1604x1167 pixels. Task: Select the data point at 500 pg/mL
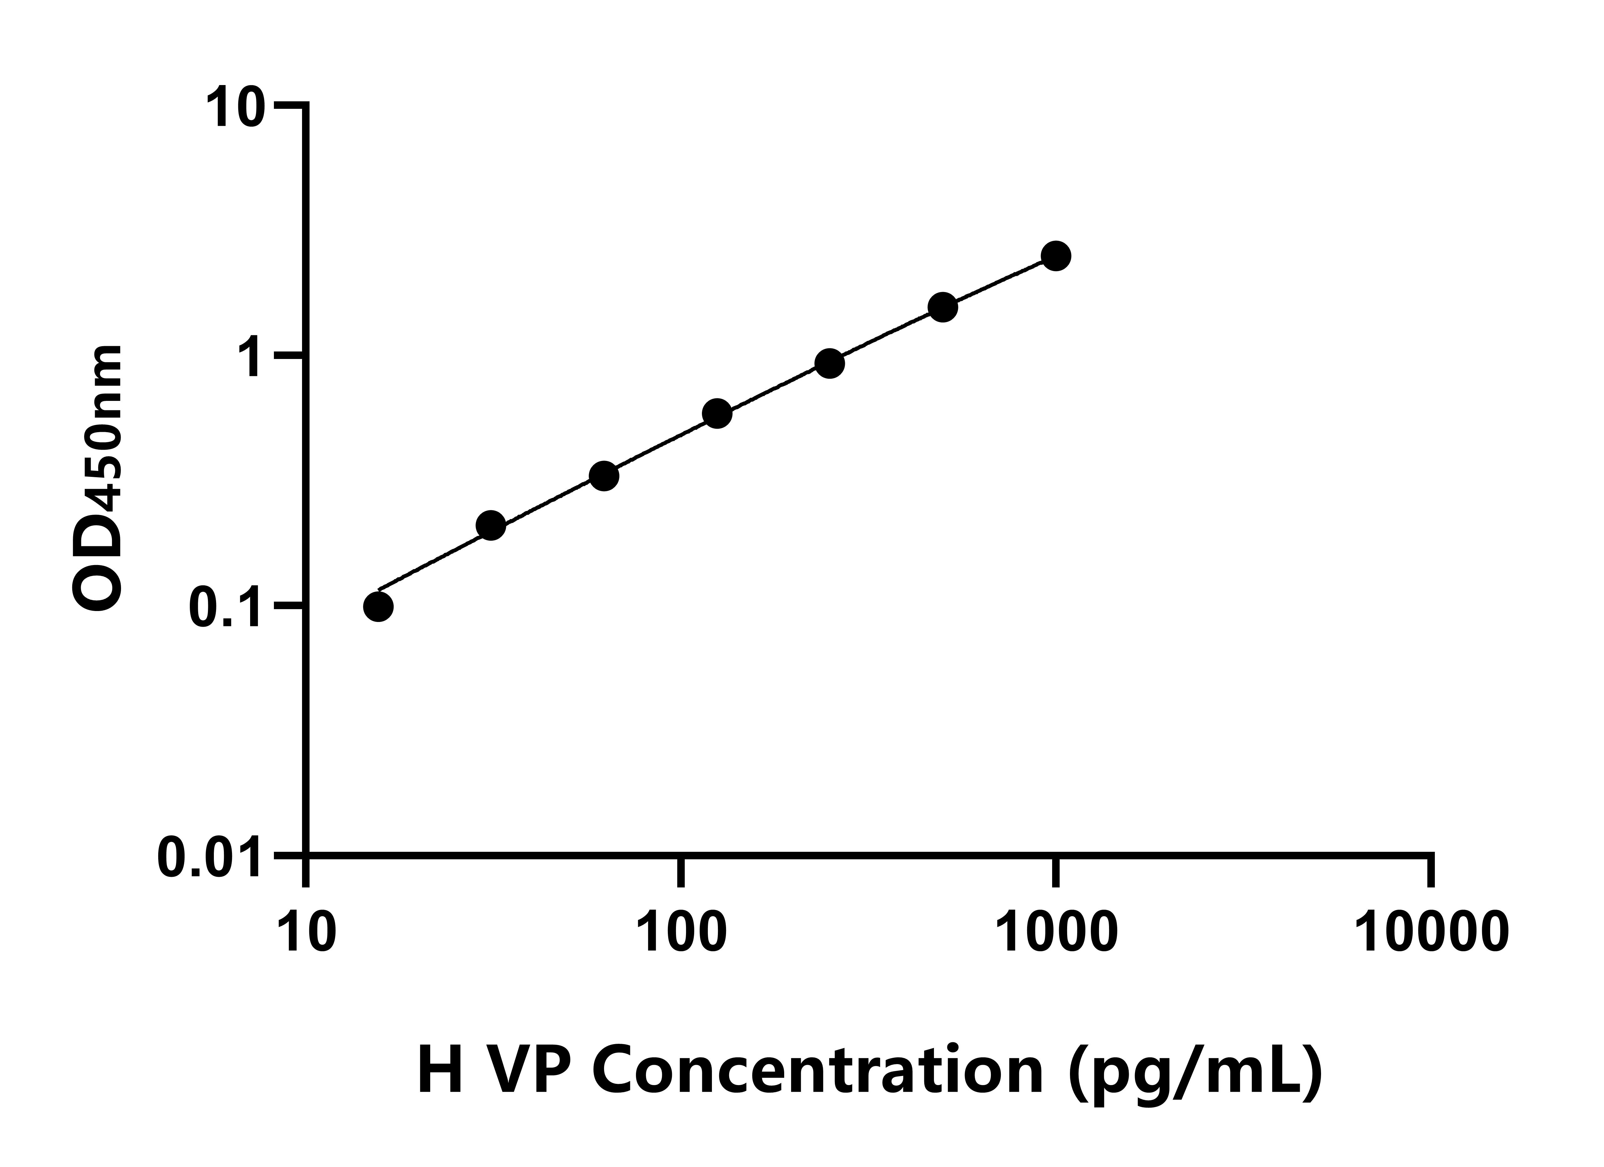coord(943,307)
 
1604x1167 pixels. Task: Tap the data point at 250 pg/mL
coord(830,364)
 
